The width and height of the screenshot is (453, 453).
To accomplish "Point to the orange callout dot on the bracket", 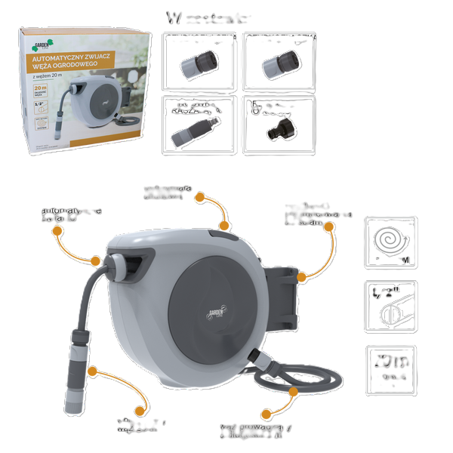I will [302, 277].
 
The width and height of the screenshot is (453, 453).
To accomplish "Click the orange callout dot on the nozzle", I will [91, 371].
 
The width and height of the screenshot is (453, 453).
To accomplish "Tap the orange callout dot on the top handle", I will [224, 225].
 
